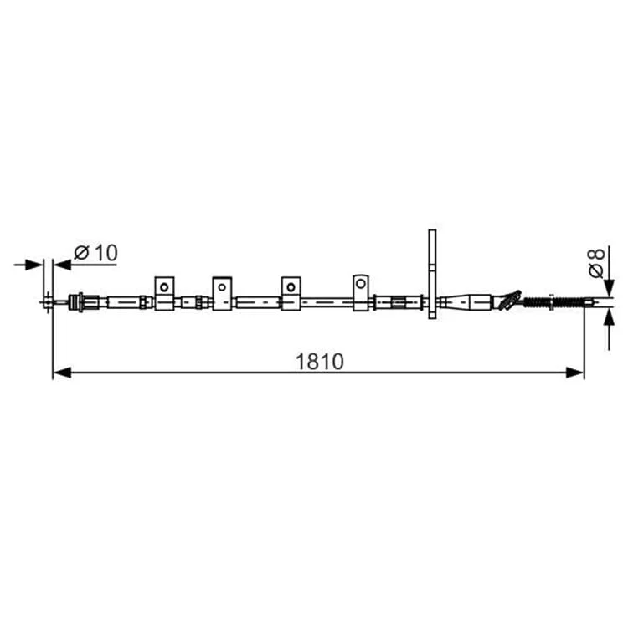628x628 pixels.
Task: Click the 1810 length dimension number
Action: point(320,361)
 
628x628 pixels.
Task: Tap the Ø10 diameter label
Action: point(96,253)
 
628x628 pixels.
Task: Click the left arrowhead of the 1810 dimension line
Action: point(62,373)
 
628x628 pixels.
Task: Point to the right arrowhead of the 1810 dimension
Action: point(574,373)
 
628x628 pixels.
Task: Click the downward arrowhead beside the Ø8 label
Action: point(610,287)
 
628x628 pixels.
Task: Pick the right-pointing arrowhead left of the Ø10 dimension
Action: point(33,265)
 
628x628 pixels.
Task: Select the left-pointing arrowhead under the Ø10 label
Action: point(63,265)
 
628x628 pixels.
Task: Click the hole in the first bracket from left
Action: point(164,286)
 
